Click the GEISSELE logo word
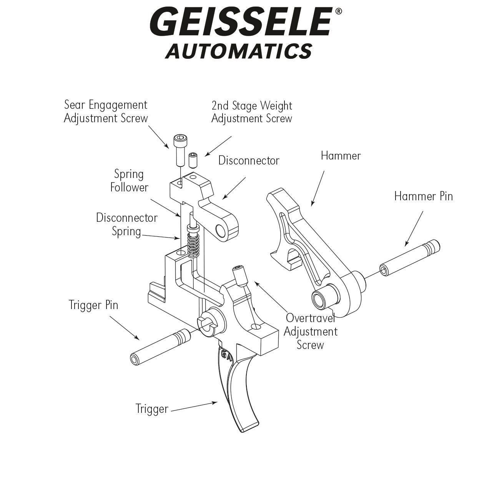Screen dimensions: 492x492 pos(240,22)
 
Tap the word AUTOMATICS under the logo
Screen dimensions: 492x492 pos(238,51)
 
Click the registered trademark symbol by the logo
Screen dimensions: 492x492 pos(338,12)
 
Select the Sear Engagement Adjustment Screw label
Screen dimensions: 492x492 pos(106,111)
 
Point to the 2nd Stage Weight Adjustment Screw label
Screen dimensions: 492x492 pos(252,112)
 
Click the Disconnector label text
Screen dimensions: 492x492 pos(249,160)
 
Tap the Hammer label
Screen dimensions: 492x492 pos(341,156)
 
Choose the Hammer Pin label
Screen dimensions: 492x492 pos(423,196)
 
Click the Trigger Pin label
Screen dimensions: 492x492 pos(93,305)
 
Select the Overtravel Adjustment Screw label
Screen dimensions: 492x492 pos(310,331)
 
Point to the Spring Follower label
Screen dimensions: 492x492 pos(129,181)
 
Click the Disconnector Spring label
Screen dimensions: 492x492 pos(127,224)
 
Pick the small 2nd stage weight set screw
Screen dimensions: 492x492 pos(193,160)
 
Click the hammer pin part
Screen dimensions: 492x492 pos(410,258)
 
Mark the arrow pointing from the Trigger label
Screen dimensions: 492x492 pos(194,407)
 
